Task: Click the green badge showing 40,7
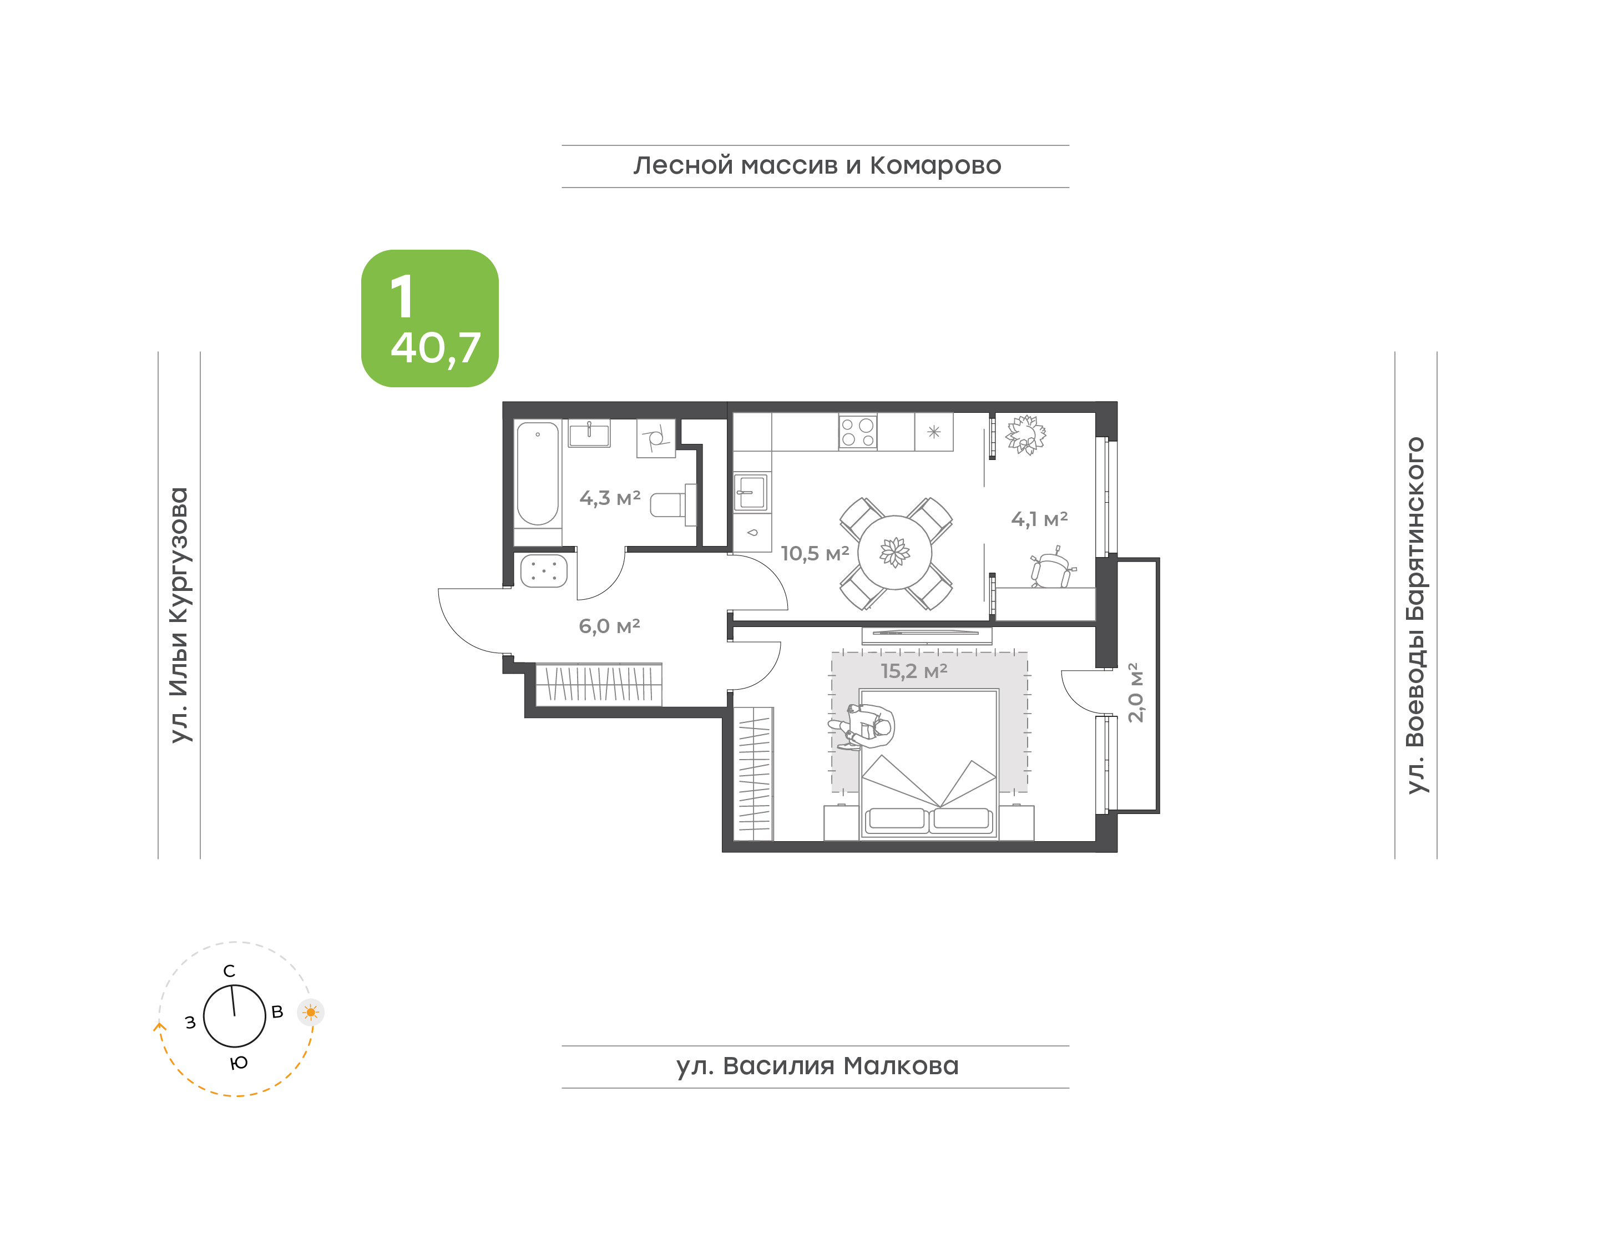pyautogui.click(x=429, y=318)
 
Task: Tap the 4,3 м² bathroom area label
pyautogui.click(x=610, y=498)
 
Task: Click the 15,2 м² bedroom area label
pyautogui.click(x=914, y=670)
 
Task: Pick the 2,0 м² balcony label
pyautogui.click(x=1135, y=692)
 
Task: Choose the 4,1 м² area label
pyautogui.click(x=1039, y=519)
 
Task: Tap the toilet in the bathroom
pyautogui.click(x=673, y=504)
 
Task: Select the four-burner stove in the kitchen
pyautogui.click(x=857, y=432)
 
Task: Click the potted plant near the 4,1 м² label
pyautogui.click(x=1025, y=434)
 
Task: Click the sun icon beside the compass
pyautogui.click(x=311, y=1013)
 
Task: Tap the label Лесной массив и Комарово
pyautogui.click(x=817, y=166)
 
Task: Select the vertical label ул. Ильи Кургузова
pyautogui.click(x=179, y=615)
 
